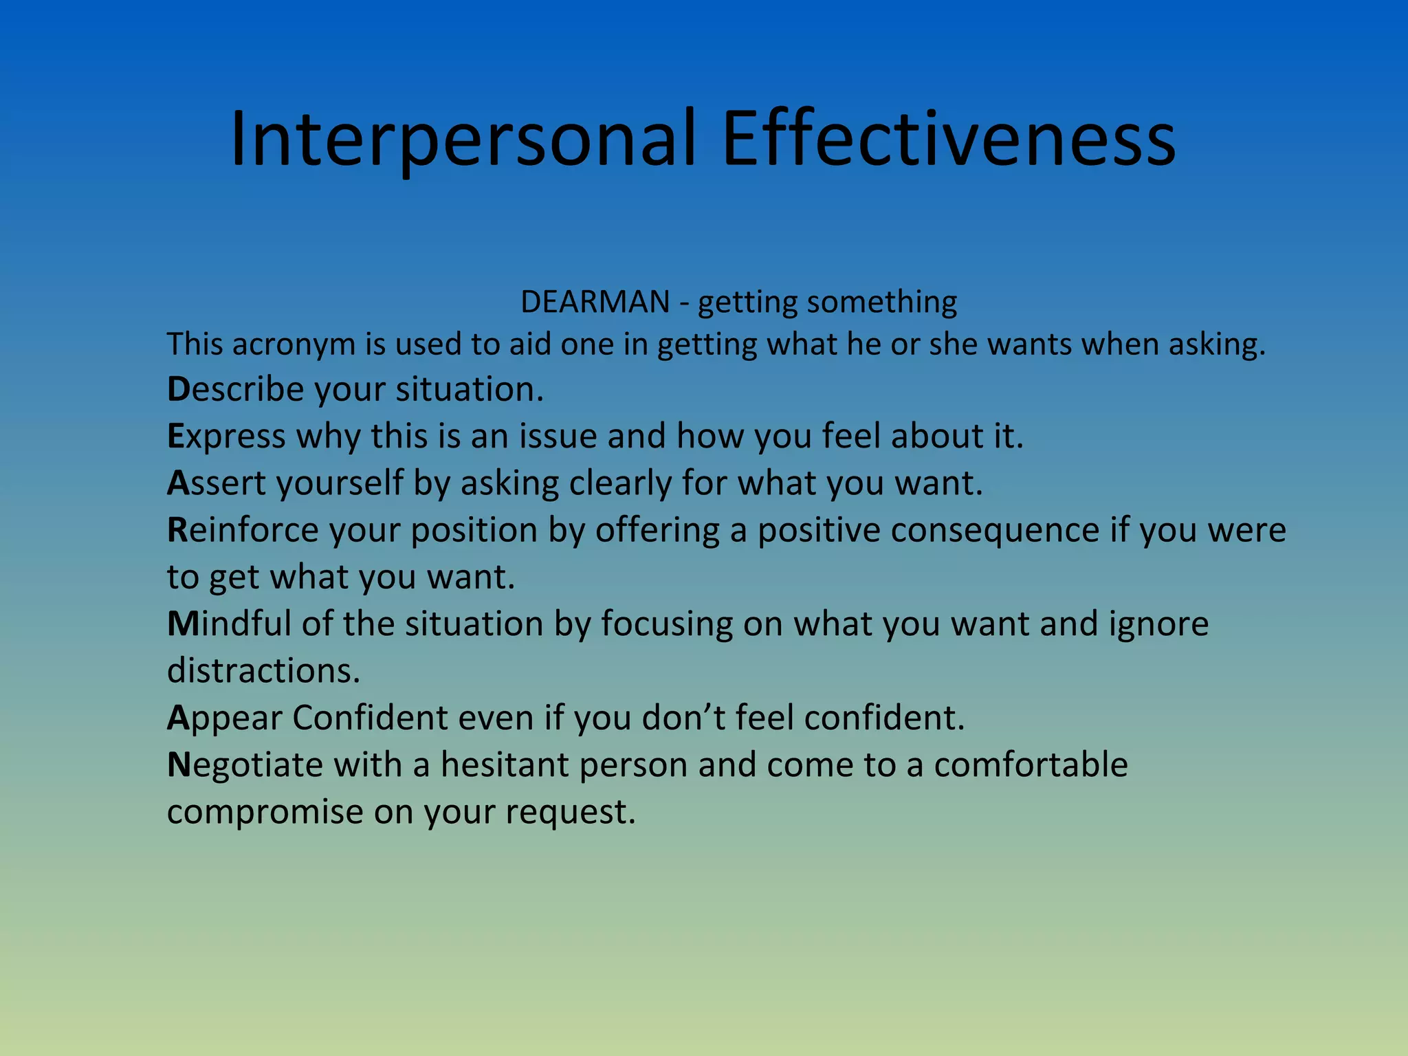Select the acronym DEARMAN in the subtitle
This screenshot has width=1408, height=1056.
[595, 302]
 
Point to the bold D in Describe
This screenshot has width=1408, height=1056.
[177, 389]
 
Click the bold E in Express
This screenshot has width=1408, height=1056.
[175, 436]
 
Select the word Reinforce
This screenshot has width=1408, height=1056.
[243, 530]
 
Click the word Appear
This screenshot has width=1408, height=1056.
[225, 718]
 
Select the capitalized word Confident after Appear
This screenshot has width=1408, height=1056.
[370, 718]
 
